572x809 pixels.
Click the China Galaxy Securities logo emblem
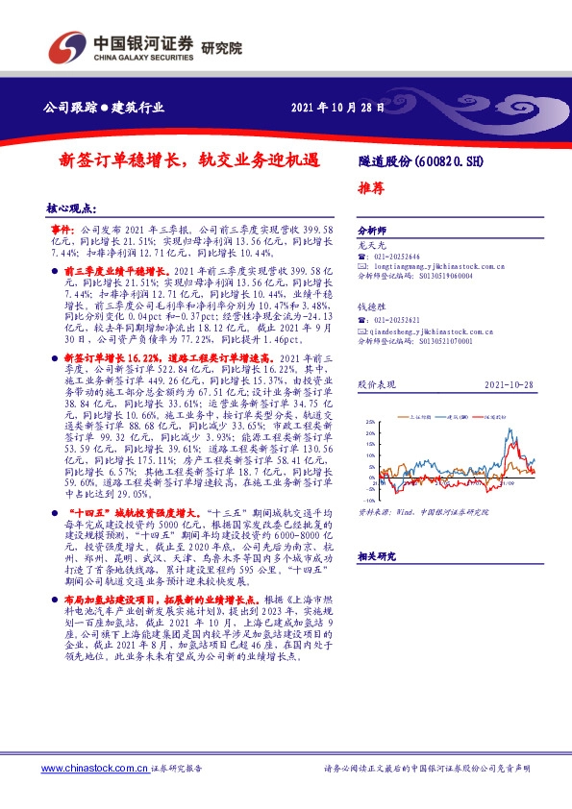(x=62, y=47)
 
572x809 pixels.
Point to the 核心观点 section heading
(x=73, y=208)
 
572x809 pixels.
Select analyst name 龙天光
(x=369, y=247)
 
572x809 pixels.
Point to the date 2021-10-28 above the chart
(x=510, y=383)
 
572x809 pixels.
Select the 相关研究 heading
(x=374, y=556)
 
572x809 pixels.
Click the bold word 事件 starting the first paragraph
(x=62, y=232)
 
